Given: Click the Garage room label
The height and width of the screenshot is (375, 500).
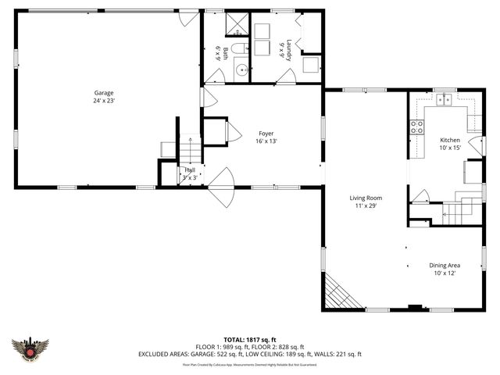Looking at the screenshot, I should tap(104, 97).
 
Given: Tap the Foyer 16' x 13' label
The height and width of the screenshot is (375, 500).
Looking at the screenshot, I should tap(266, 137).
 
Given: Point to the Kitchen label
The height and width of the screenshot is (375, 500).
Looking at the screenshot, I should tap(449, 143).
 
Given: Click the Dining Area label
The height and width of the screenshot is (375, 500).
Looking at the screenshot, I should tap(443, 269).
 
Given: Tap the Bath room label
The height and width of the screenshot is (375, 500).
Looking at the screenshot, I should tap(222, 53).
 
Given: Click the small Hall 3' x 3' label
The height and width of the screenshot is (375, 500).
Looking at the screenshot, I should tap(190, 173).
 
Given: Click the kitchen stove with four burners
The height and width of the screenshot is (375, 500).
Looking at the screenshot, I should tap(417, 126).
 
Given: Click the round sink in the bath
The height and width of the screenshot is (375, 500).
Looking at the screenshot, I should tap(241, 70).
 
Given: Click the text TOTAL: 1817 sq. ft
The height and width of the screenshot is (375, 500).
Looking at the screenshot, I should tap(250, 339).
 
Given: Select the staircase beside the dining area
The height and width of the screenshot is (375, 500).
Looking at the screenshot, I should tap(458, 210).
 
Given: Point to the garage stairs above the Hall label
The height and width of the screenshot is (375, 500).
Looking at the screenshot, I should tap(189, 148).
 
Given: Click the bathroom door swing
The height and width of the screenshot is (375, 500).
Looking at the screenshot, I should tap(213, 77).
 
